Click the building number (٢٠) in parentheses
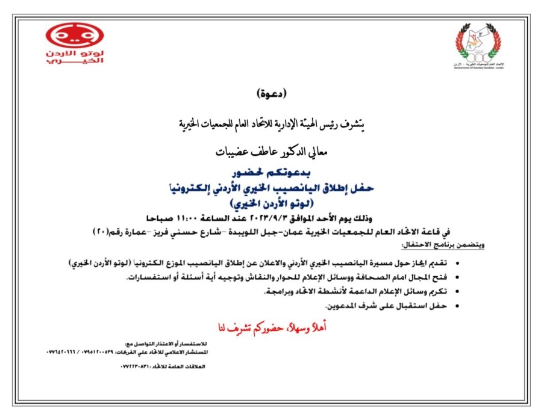click(x=101, y=231)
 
